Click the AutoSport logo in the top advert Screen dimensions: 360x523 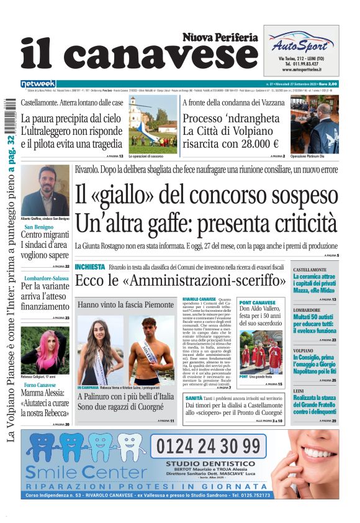click(300, 43)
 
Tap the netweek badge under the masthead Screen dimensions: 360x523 click(38, 84)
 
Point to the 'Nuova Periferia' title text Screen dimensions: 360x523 click(220, 38)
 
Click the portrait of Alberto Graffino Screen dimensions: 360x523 click(45, 190)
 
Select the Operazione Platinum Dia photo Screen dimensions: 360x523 click(314, 124)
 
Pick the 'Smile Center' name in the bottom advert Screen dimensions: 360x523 click(84, 473)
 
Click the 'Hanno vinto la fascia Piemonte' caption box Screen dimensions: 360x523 click(125, 305)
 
